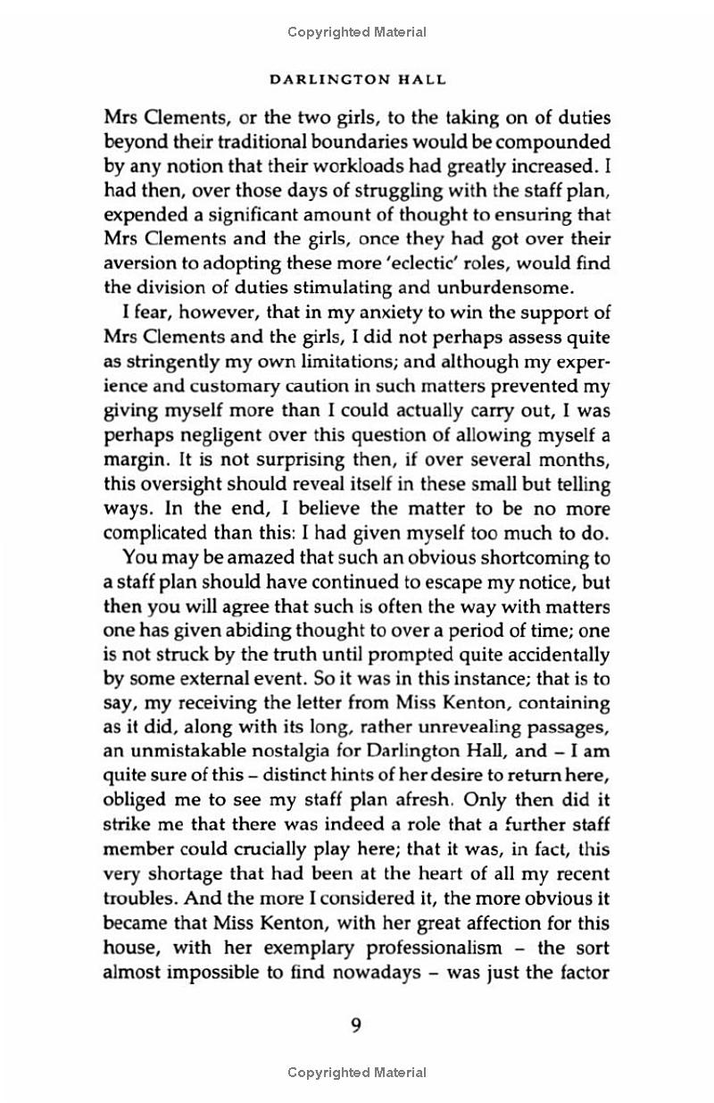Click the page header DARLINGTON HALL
click(x=357, y=79)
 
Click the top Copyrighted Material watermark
click(x=357, y=32)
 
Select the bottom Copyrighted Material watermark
click(x=357, y=1073)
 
